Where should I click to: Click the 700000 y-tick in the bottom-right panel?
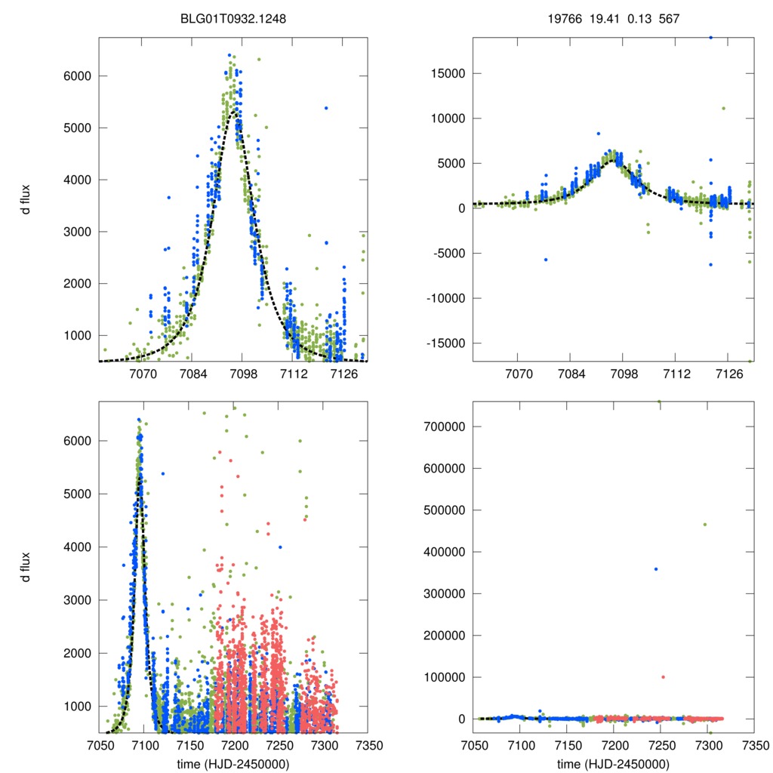444,427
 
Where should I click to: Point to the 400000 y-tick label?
444,552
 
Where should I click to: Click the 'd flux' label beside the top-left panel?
26,200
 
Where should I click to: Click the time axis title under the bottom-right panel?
613,763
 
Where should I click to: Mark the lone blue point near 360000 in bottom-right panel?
656,568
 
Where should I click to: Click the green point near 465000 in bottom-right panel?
705,525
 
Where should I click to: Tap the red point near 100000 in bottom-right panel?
664,677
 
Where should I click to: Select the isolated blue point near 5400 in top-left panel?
326,108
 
